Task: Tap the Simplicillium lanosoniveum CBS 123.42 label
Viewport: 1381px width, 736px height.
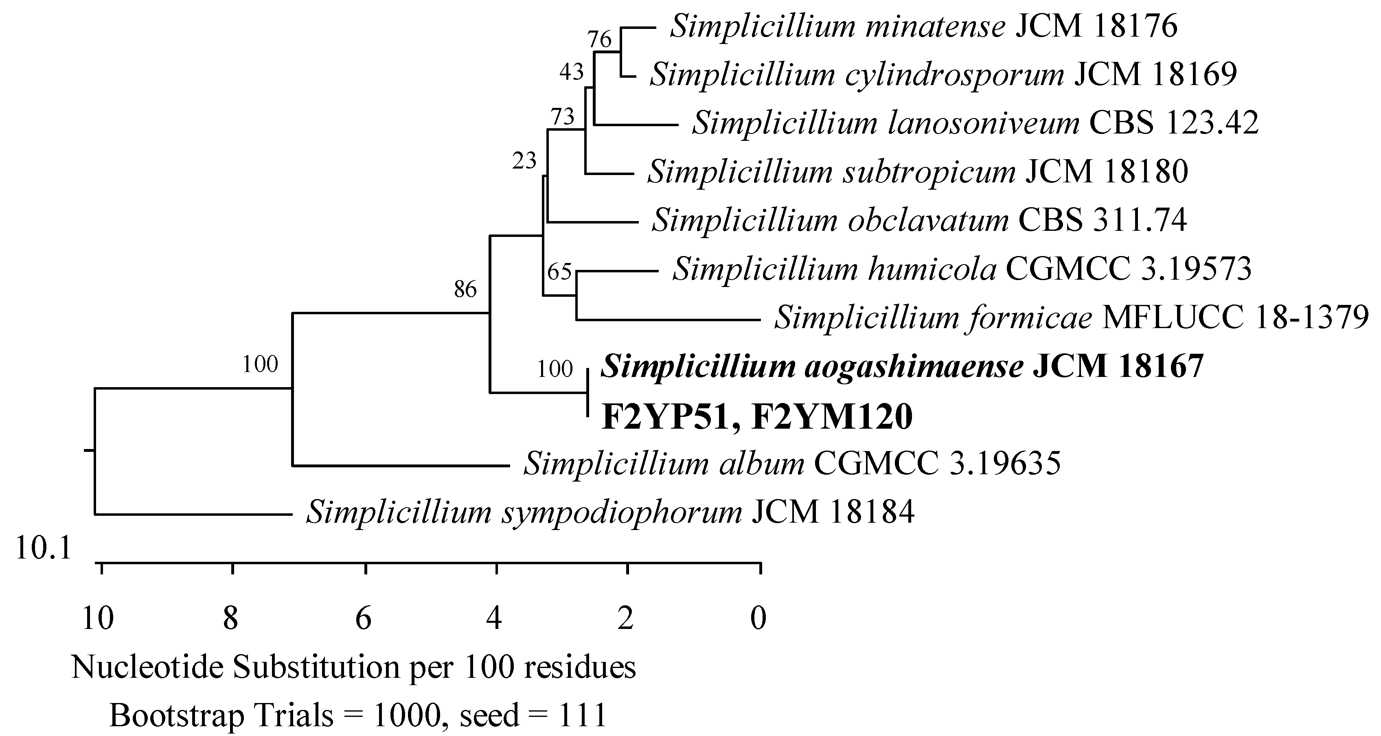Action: [x=975, y=123]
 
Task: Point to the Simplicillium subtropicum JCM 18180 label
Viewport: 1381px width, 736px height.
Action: [x=918, y=171]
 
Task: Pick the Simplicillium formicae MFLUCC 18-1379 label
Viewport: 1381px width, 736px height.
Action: [x=1071, y=318]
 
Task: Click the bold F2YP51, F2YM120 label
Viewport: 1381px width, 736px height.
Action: [x=756, y=417]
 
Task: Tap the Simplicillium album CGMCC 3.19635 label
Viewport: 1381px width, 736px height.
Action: [x=792, y=463]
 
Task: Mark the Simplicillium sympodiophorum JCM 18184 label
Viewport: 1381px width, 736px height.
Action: [x=610, y=512]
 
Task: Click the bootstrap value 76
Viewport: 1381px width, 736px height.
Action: [x=599, y=39]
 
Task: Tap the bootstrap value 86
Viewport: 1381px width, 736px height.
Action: [x=465, y=290]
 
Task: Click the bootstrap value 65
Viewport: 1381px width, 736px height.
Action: [x=559, y=272]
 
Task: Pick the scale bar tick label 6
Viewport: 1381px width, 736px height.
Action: [x=364, y=619]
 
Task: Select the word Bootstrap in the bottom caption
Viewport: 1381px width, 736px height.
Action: [x=176, y=715]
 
